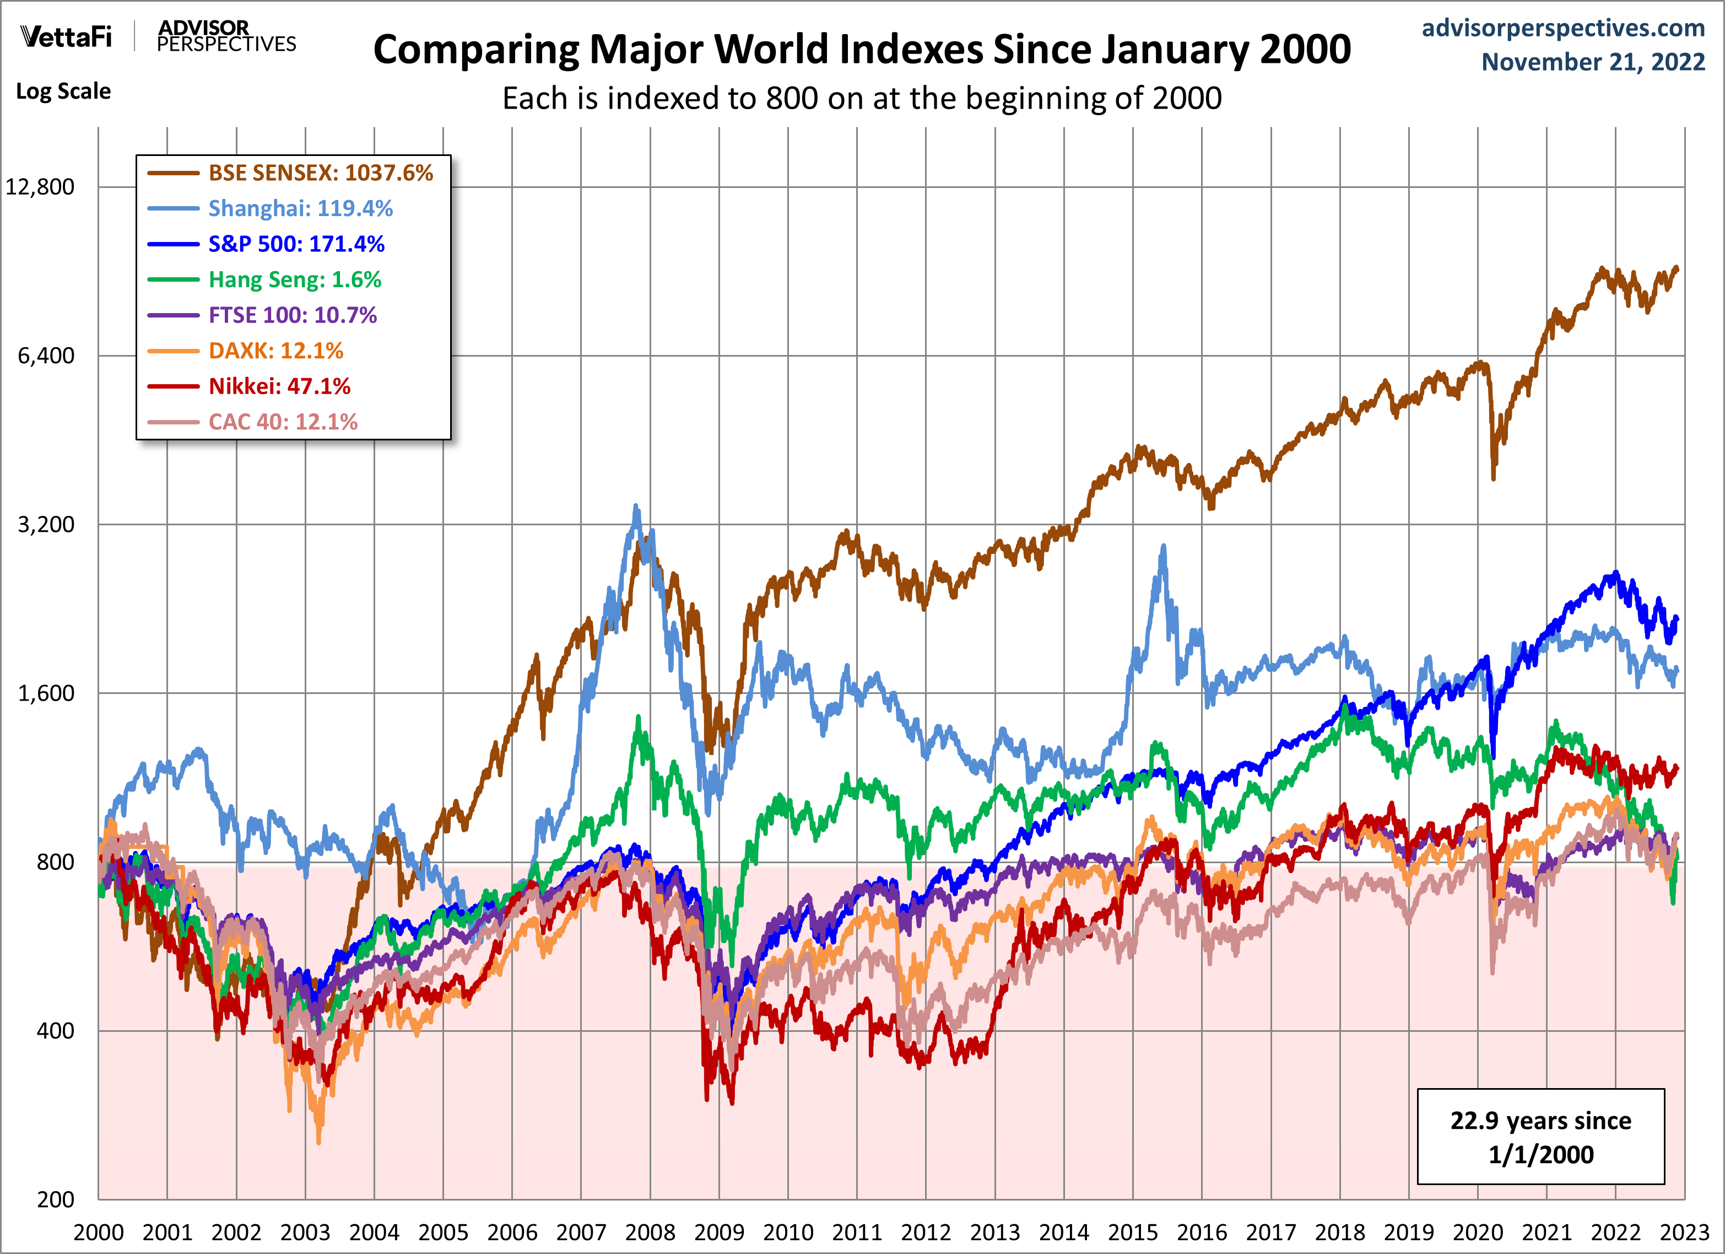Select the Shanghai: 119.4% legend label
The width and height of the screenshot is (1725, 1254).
(x=300, y=208)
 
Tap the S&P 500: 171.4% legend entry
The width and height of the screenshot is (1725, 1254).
(x=296, y=244)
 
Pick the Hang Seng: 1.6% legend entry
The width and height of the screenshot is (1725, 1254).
(x=294, y=280)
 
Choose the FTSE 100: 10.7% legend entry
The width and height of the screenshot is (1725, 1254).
(x=292, y=315)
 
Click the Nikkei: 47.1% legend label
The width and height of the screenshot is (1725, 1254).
(x=279, y=386)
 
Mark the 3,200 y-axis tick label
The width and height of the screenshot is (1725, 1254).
(x=46, y=524)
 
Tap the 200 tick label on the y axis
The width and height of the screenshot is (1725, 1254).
(x=56, y=1200)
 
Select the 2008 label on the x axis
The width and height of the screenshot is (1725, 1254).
(x=650, y=1233)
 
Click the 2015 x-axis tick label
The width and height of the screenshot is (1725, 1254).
(x=1133, y=1233)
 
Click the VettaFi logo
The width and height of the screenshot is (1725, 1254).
(x=66, y=36)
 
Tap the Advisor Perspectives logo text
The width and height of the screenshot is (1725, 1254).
(x=226, y=36)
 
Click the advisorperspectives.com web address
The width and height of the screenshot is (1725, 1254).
(x=1563, y=28)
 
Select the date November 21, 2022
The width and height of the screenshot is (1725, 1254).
(x=1593, y=62)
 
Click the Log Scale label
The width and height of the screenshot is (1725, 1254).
(x=63, y=92)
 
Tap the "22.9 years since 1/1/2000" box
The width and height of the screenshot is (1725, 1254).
(x=1540, y=1137)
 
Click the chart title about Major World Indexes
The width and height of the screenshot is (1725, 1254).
(x=862, y=50)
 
